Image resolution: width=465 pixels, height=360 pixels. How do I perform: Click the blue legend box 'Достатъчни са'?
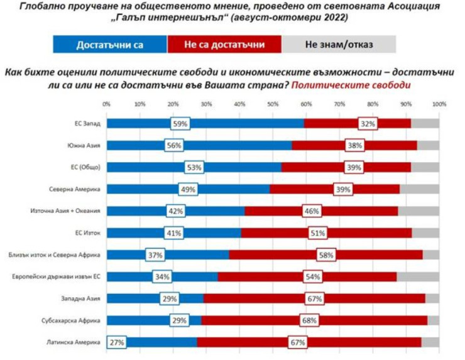tap(109, 45)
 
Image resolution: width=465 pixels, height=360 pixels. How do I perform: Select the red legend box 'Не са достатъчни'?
tap(224, 45)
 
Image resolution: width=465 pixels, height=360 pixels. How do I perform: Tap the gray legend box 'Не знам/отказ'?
tap(339, 45)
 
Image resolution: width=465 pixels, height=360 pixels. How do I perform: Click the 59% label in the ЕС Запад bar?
tap(180, 124)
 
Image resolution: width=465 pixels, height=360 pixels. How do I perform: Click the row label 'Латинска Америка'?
tap(79, 342)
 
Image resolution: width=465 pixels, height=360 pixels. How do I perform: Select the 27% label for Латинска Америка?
tap(116, 342)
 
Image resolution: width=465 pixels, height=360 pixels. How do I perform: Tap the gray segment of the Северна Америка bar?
tap(419, 189)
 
